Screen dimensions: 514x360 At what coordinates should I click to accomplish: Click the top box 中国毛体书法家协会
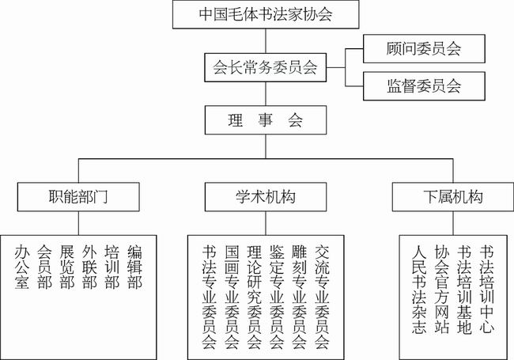point(266,14)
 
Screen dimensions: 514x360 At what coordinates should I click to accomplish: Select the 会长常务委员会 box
point(266,67)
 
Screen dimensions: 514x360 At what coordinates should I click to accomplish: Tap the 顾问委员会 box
point(424,48)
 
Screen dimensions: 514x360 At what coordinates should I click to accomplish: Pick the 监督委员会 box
point(424,86)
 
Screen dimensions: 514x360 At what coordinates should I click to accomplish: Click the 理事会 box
point(266,120)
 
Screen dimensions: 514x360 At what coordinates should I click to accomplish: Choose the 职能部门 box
point(78,197)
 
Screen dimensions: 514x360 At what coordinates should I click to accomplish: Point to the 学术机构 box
point(266,197)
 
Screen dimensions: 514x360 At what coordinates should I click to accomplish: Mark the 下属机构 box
point(453,197)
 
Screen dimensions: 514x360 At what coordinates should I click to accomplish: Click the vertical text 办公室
point(22,267)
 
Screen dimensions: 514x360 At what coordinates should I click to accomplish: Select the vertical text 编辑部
point(134,267)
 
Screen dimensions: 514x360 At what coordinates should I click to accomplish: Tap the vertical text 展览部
point(67,267)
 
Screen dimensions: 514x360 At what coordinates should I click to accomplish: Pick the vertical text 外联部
point(89,267)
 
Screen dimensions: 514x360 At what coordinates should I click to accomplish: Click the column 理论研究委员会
point(255,297)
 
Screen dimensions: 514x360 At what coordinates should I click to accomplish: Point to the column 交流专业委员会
point(322,297)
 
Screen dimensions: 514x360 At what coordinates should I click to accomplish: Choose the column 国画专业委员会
point(232,297)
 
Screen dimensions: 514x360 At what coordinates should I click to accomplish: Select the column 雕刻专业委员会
point(299,297)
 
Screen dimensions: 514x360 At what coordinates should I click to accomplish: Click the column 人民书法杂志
point(419,290)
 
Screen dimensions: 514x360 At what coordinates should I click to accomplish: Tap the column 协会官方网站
point(442,290)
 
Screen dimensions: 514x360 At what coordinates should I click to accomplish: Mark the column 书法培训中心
point(487,290)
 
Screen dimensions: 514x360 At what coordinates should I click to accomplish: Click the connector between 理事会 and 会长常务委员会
point(266,94)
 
